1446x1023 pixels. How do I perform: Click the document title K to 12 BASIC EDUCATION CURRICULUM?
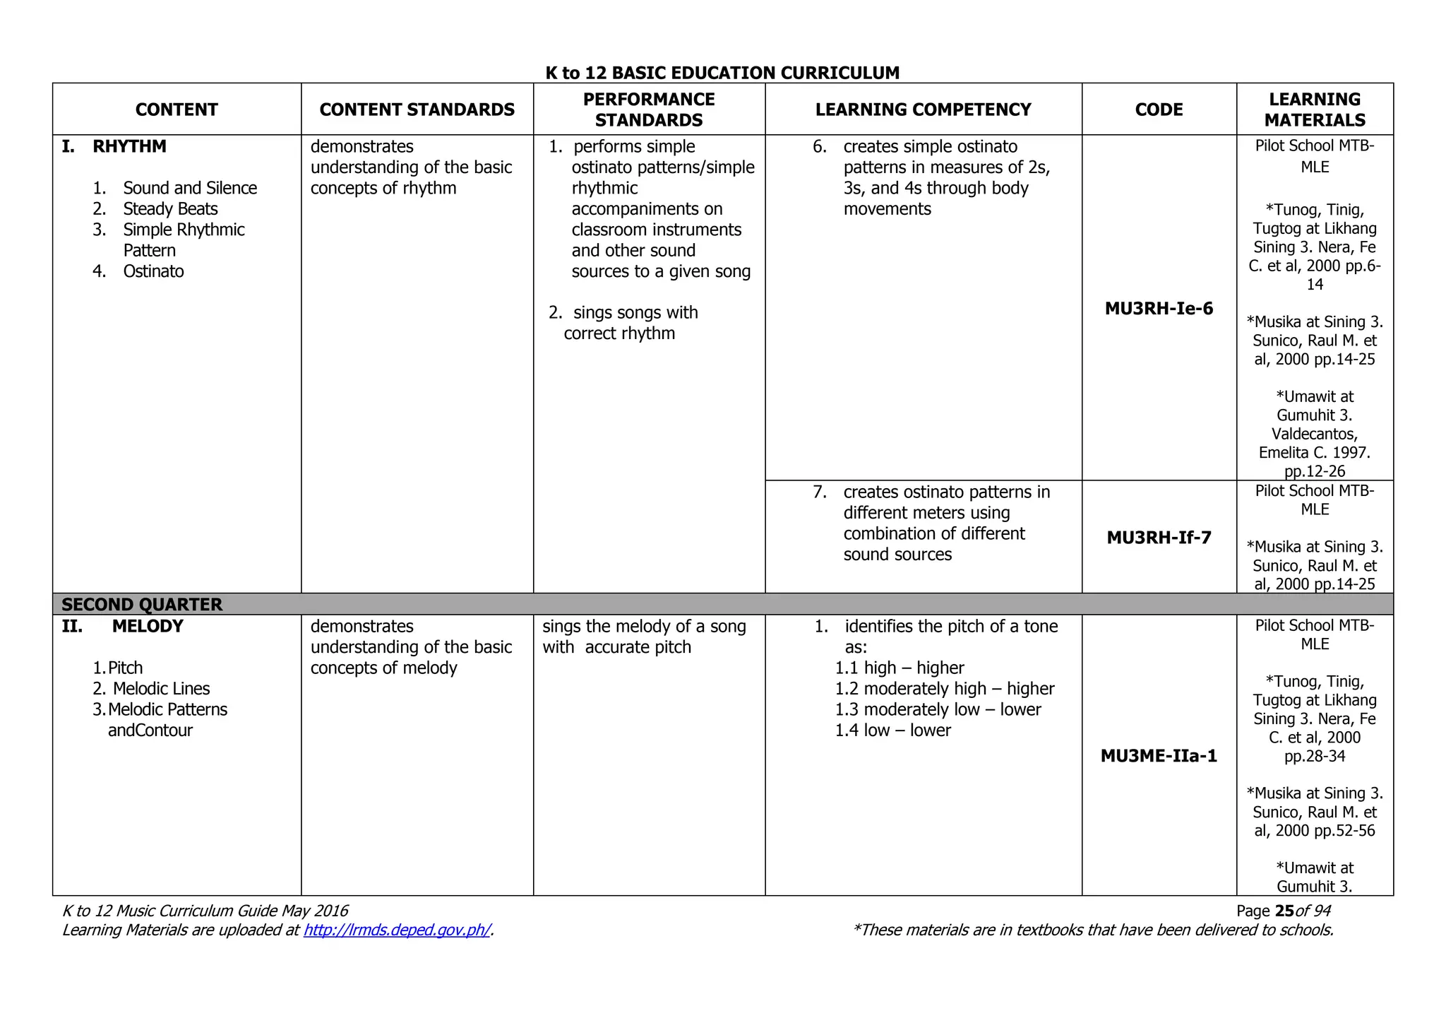[722, 73]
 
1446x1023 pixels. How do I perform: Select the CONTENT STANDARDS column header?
[417, 110]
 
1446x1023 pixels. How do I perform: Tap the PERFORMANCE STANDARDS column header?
[649, 110]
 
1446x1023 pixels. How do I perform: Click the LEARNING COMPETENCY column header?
[923, 110]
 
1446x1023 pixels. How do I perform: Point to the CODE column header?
[1159, 110]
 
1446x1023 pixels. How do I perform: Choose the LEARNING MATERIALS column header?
[1315, 110]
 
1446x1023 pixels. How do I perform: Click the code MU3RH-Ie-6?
[1159, 308]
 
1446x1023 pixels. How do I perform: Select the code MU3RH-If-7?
[1159, 538]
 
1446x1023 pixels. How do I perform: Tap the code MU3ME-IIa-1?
[1159, 756]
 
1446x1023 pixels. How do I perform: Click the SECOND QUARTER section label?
[142, 605]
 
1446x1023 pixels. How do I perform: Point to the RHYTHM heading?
[129, 147]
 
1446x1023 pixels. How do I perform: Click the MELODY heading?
[148, 627]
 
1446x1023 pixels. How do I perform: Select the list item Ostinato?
[153, 271]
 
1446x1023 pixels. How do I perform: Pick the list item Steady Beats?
[170, 209]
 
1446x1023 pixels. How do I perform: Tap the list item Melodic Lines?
[161, 689]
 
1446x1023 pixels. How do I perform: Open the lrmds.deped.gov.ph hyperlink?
[397, 930]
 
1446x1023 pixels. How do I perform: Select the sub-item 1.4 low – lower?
[893, 731]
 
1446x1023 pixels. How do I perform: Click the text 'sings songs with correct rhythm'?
[625, 323]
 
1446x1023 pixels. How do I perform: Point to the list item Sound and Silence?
[190, 188]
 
